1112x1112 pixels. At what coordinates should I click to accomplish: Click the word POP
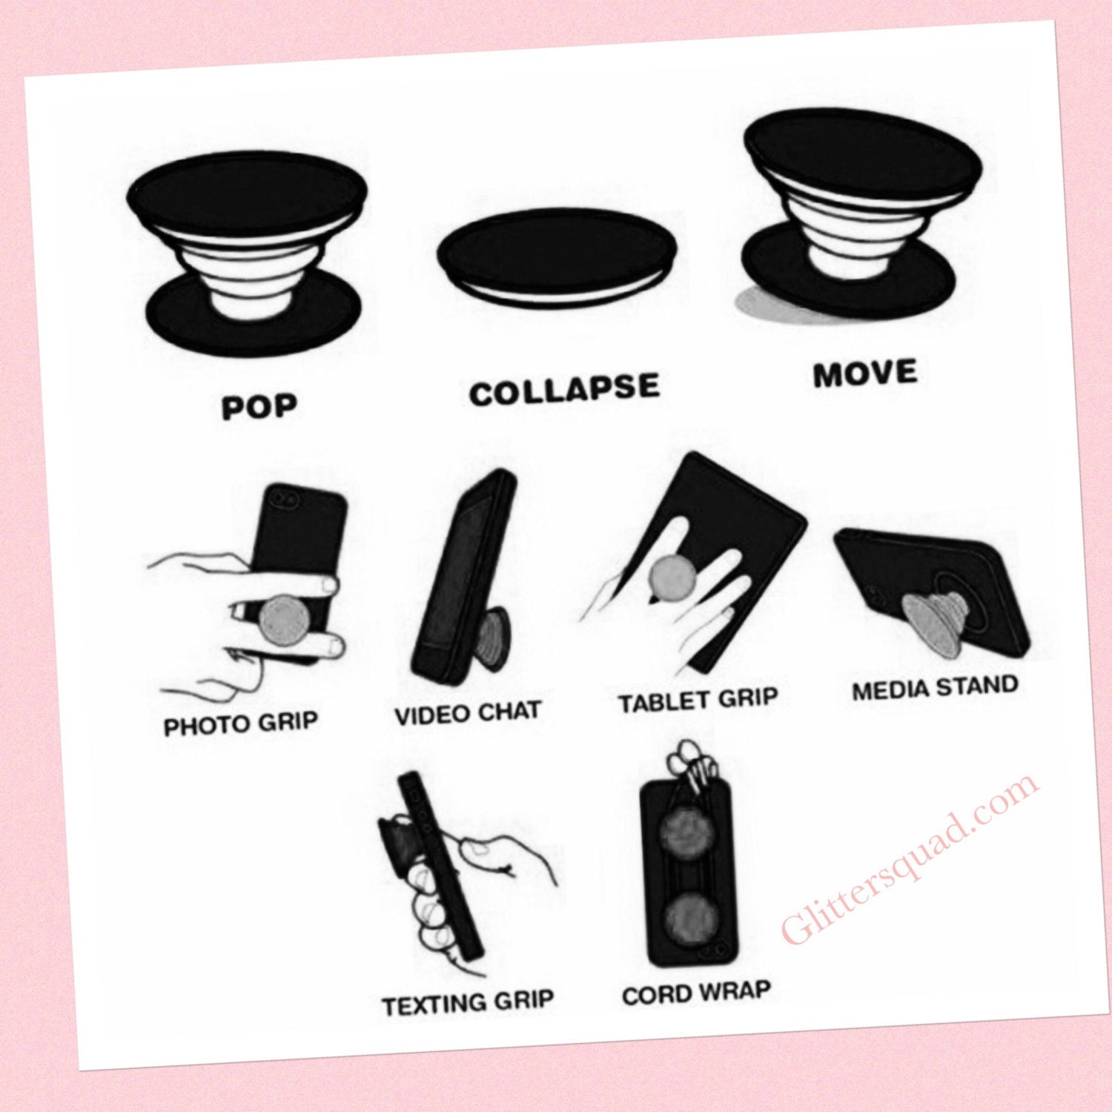pyautogui.click(x=259, y=406)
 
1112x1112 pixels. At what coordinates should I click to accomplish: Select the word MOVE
pyautogui.click(x=865, y=373)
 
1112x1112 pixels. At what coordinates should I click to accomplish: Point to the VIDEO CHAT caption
pyautogui.click(x=468, y=713)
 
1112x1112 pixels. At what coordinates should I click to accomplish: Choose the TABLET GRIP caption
pyautogui.click(x=698, y=700)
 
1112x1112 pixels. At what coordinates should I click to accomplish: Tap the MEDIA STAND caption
pyautogui.click(x=935, y=687)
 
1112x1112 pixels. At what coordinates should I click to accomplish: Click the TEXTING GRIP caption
pyautogui.click(x=468, y=1003)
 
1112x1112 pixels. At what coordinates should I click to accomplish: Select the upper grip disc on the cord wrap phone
pyautogui.click(x=686, y=833)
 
